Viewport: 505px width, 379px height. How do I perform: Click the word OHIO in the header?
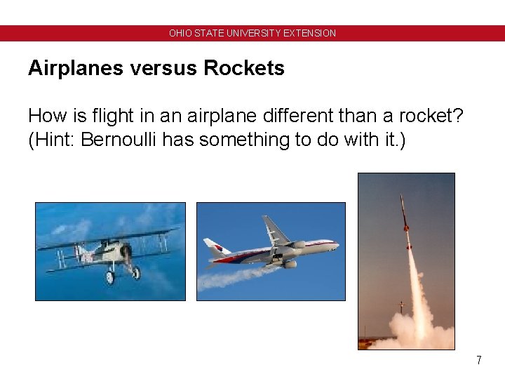[x=179, y=33]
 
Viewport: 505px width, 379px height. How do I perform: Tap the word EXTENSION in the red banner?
[x=310, y=33]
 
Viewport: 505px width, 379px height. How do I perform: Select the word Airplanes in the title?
[x=73, y=68]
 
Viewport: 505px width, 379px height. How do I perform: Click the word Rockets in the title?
[x=244, y=68]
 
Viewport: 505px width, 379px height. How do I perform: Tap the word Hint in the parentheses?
[x=53, y=140]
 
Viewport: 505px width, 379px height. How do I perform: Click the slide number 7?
[x=478, y=360]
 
